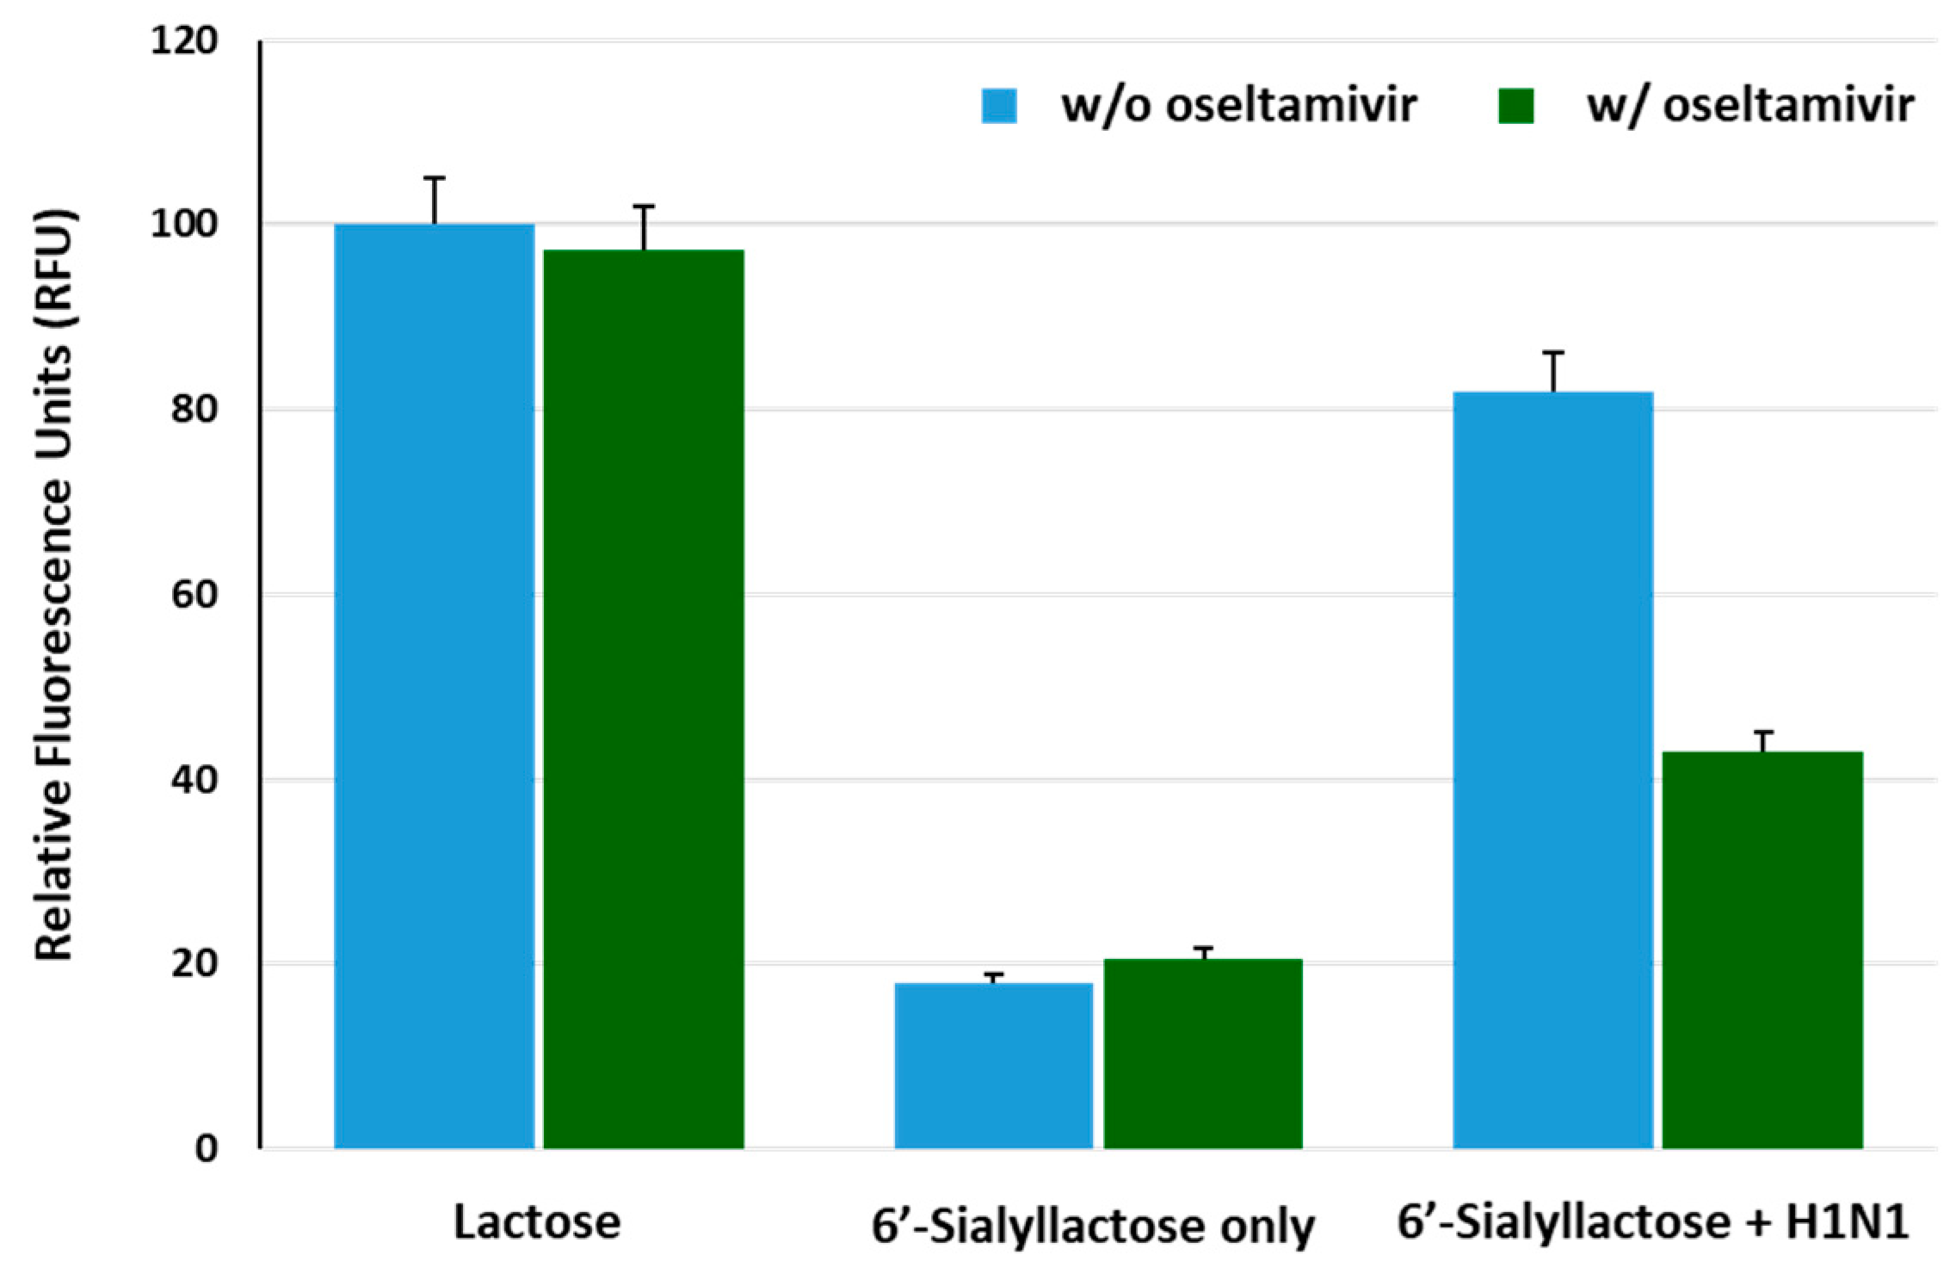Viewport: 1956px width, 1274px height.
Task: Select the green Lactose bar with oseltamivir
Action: click(x=643, y=697)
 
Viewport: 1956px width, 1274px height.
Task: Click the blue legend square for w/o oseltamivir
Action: click(x=999, y=107)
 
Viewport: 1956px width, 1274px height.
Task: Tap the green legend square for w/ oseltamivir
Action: click(x=1515, y=107)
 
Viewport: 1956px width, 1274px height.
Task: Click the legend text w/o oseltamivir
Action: click(x=1238, y=107)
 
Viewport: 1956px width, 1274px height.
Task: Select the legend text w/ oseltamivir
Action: click(x=1750, y=107)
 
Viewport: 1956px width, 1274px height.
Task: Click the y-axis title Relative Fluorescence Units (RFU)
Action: click(x=57, y=585)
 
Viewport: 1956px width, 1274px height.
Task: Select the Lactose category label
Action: click(x=536, y=1222)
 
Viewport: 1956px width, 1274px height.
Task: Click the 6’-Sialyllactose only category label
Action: click(x=1092, y=1226)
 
